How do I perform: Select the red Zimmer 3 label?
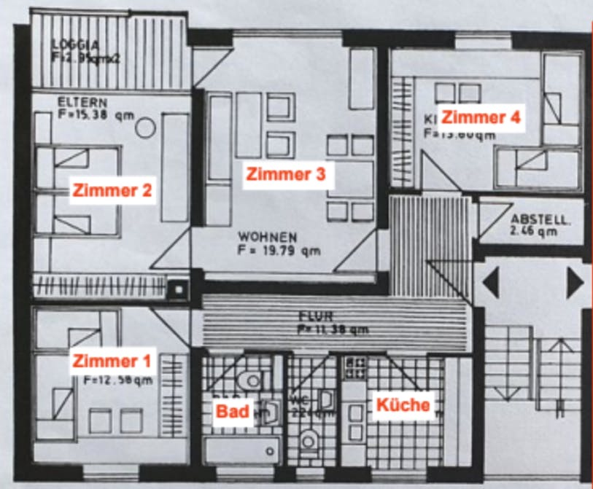point(280,175)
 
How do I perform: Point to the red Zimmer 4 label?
point(481,117)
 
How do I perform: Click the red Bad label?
point(232,410)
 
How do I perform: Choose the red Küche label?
point(403,405)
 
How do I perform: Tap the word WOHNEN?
point(267,238)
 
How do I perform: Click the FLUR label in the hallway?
point(316,317)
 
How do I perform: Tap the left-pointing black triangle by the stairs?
point(489,282)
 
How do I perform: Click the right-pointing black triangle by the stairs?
point(574,282)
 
